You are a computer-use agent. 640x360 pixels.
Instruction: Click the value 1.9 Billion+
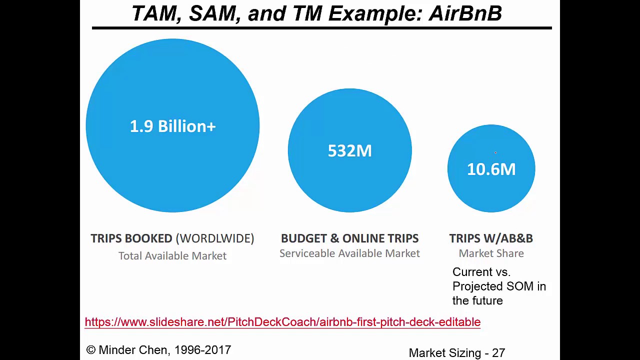point(172,126)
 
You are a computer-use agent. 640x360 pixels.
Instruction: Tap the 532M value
point(349,150)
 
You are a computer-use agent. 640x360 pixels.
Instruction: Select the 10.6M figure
point(491,169)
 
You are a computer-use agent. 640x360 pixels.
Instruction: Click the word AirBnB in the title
point(465,13)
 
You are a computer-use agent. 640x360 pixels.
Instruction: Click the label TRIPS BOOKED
point(131,238)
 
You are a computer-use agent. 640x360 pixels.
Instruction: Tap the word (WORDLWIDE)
point(215,238)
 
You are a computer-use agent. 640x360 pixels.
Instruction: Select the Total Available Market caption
point(172,255)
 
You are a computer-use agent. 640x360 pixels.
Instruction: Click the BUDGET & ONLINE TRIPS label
point(349,238)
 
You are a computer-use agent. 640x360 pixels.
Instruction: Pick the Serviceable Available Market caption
point(349,253)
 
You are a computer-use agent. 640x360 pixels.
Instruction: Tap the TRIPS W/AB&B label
point(491,238)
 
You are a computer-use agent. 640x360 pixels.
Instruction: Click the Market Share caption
point(491,253)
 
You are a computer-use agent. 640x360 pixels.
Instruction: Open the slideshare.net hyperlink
point(282,322)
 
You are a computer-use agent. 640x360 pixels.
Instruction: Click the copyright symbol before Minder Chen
point(90,350)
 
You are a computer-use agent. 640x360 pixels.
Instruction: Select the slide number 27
point(498,353)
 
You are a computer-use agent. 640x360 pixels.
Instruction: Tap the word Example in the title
point(375,13)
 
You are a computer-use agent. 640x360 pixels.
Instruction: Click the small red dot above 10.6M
point(495,152)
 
